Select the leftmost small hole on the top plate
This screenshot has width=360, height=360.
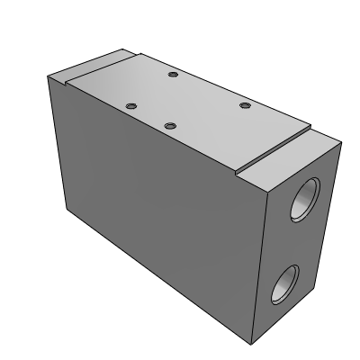(x=130, y=104)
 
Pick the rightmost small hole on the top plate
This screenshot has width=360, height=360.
(x=243, y=106)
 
